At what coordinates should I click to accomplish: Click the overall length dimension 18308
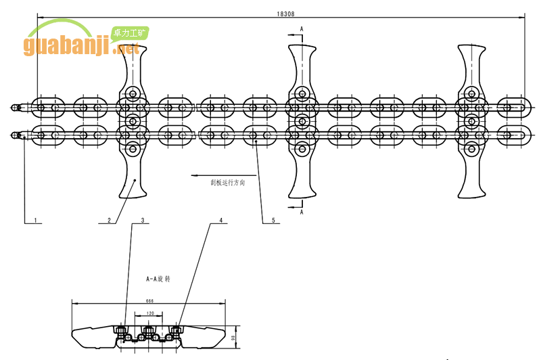point(285,13)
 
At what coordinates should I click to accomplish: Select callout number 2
point(108,221)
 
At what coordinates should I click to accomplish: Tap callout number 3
point(142,221)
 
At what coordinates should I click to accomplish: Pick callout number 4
point(220,221)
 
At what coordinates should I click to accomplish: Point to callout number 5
point(273,221)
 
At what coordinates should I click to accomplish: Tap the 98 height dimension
point(232,337)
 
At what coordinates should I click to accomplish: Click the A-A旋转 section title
point(159,278)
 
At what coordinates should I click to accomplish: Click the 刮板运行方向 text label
point(228,183)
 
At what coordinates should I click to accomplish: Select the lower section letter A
point(302,212)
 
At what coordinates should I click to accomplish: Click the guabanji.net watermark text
point(81,47)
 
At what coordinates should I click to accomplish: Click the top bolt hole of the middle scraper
point(302,93)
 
